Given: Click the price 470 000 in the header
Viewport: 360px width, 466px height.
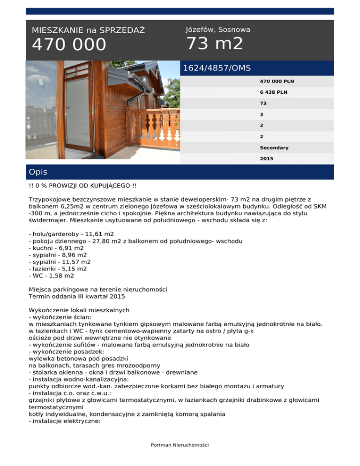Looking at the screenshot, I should coord(69,45).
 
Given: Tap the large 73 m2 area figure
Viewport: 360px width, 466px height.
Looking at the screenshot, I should coord(215,44).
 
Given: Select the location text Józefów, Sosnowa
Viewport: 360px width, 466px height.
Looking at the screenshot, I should coord(218,30).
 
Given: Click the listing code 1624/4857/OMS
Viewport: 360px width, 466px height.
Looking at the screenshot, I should coord(217,68).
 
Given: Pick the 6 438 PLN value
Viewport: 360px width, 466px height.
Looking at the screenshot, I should coord(274,92).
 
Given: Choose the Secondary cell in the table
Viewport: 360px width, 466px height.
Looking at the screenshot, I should coord(274,148).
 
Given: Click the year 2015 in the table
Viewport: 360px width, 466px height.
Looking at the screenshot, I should coord(267,159).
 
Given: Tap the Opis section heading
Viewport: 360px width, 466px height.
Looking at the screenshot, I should coord(38,172).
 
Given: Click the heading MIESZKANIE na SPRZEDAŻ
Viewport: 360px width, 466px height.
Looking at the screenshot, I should coord(88,30).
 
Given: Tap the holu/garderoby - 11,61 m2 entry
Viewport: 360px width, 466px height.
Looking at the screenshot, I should coord(71,233).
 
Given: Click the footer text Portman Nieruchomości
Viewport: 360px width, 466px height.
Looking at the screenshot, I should coord(180,445).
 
